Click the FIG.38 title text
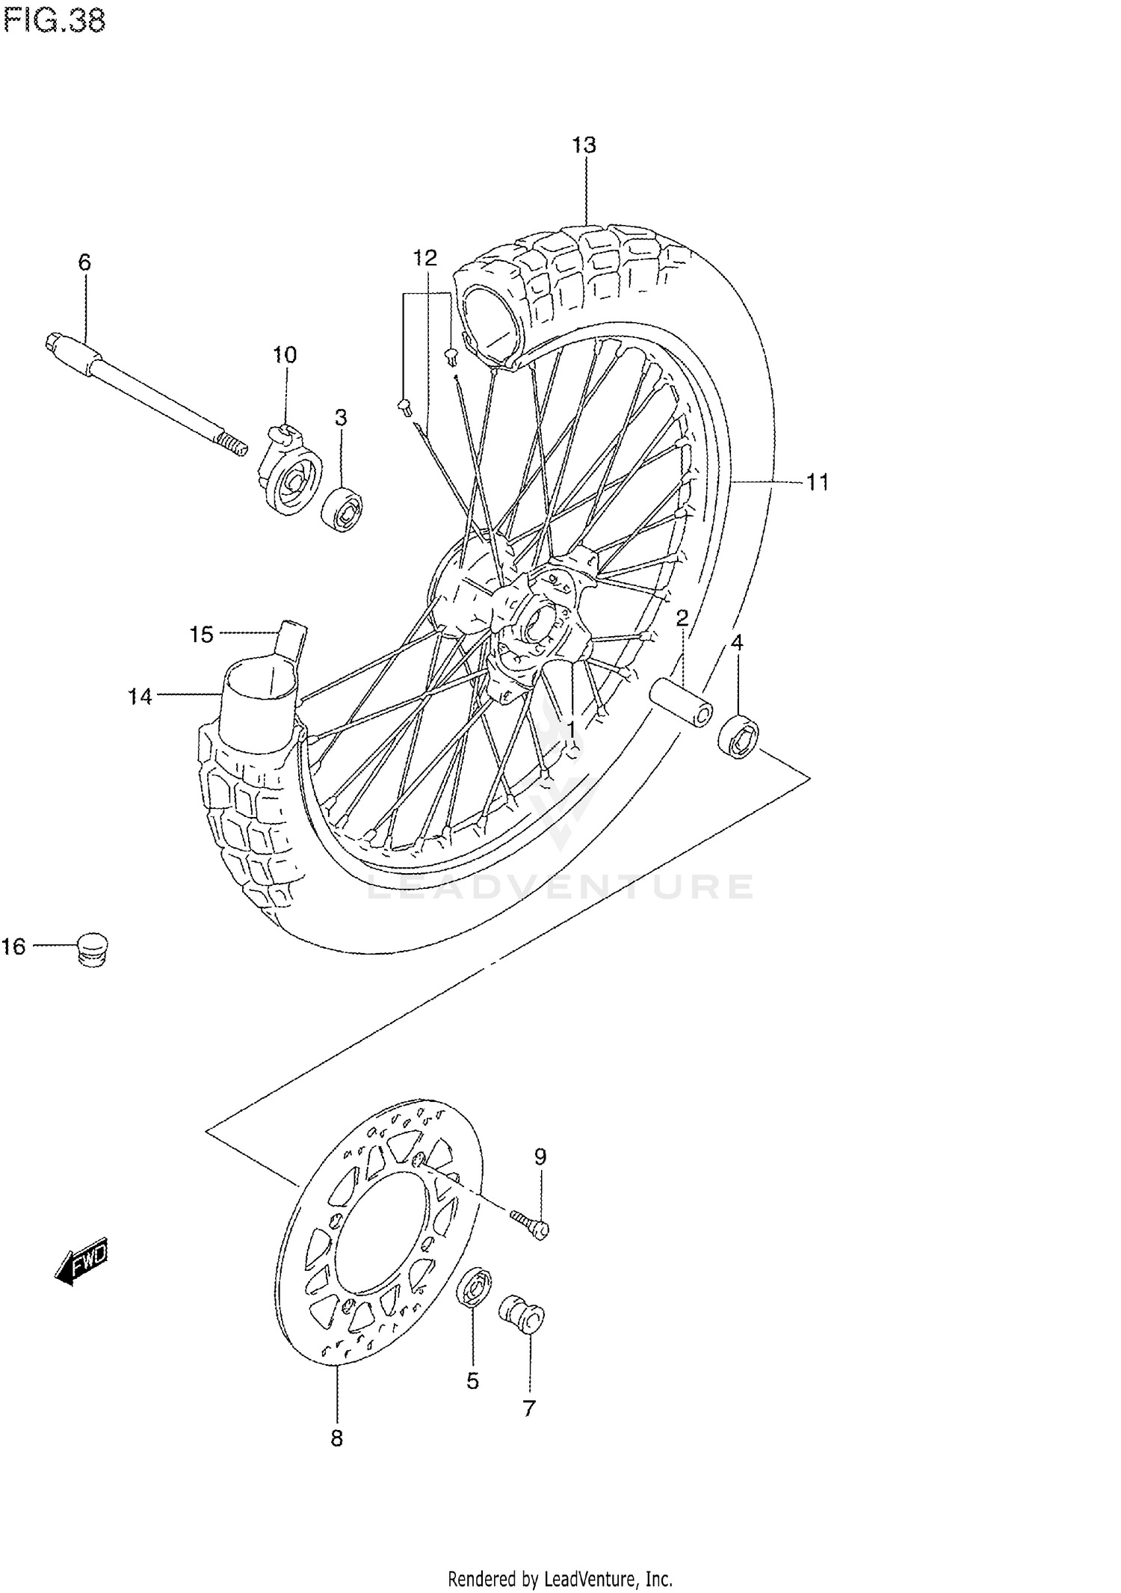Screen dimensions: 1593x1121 [x=54, y=21]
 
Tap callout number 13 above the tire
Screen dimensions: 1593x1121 [x=584, y=145]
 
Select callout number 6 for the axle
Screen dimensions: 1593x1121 [x=84, y=262]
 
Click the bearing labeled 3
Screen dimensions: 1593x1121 [x=343, y=510]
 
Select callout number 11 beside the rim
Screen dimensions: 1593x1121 [x=818, y=482]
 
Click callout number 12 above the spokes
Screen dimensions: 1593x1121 [x=424, y=259]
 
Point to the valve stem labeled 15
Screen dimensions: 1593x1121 [x=291, y=640]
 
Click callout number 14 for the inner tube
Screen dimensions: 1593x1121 [x=140, y=697]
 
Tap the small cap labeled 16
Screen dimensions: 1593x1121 [x=92, y=949]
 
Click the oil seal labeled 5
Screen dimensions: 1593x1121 [x=474, y=1288]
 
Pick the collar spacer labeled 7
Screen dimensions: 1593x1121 [x=522, y=1314]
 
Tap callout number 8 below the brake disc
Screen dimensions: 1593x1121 [x=337, y=1438]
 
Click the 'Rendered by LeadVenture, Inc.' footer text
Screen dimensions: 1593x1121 [x=560, y=1579]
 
